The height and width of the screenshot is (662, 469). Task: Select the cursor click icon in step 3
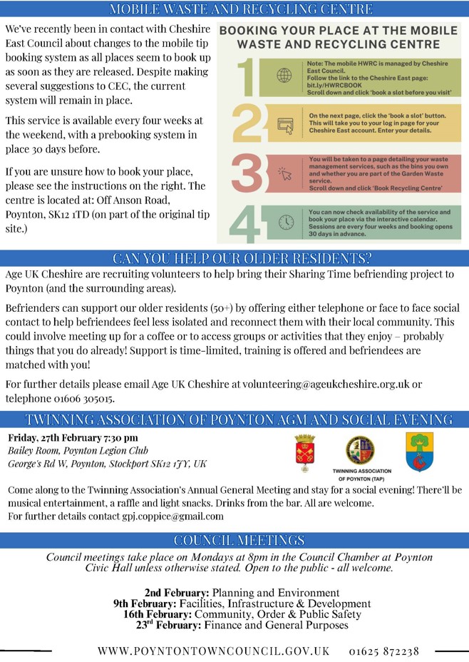(x=285, y=173)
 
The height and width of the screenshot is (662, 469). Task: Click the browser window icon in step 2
(x=285, y=126)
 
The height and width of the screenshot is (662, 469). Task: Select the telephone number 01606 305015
(x=83, y=398)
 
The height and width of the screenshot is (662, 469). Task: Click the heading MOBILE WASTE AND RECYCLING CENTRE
(x=234, y=9)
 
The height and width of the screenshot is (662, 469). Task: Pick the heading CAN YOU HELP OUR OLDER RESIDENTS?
(x=234, y=258)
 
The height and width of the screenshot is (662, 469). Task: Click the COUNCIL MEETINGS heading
(x=234, y=540)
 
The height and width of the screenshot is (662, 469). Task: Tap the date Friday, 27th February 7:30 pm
(x=73, y=437)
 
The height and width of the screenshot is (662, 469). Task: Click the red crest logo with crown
(x=304, y=452)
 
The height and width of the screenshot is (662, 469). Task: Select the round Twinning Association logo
(x=361, y=449)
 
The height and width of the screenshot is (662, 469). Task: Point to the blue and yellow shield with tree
(x=418, y=451)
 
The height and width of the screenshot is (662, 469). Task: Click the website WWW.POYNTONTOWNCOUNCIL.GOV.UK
(x=214, y=651)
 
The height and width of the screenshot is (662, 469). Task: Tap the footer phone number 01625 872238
(x=384, y=651)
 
